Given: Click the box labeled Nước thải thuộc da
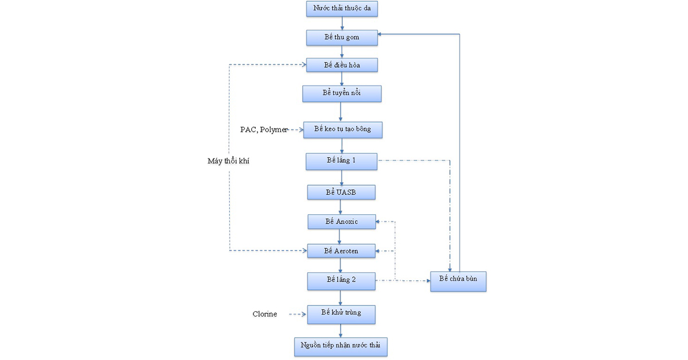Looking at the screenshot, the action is pyautogui.click(x=342, y=8).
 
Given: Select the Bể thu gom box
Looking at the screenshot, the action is pyautogui.click(x=342, y=37).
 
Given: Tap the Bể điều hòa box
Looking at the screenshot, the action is pyautogui.click(x=342, y=65).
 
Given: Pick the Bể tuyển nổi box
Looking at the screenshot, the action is pyautogui.click(x=342, y=93).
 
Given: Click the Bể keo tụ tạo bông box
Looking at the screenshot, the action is pyautogui.click(x=343, y=130).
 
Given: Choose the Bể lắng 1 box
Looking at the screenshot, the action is pyautogui.click(x=342, y=161).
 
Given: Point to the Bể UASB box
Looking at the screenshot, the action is pyautogui.click(x=341, y=192).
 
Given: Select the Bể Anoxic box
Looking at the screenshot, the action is pyautogui.click(x=342, y=221).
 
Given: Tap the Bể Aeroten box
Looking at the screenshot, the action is pyautogui.click(x=341, y=251).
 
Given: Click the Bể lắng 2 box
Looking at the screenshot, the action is pyautogui.click(x=341, y=281).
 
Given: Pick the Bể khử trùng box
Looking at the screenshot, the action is pyautogui.click(x=341, y=314).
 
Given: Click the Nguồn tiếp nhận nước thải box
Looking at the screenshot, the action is pyautogui.click(x=341, y=347).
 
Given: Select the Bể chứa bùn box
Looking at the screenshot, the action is pyautogui.click(x=458, y=281).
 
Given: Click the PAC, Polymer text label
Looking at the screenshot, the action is pyautogui.click(x=264, y=130).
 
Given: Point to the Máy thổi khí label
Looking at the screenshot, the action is pyautogui.click(x=228, y=161).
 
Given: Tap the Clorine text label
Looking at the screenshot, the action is pyautogui.click(x=265, y=314).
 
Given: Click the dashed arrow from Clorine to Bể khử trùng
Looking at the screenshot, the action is pyautogui.click(x=298, y=314).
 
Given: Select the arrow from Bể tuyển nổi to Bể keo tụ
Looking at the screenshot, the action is pyautogui.click(x=341, y=112).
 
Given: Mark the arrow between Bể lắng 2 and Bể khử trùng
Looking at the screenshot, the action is pyautogui.click(x=341, y=298).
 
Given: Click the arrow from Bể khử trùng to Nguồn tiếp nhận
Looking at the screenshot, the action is pyautogui.click(x=341, y=331).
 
